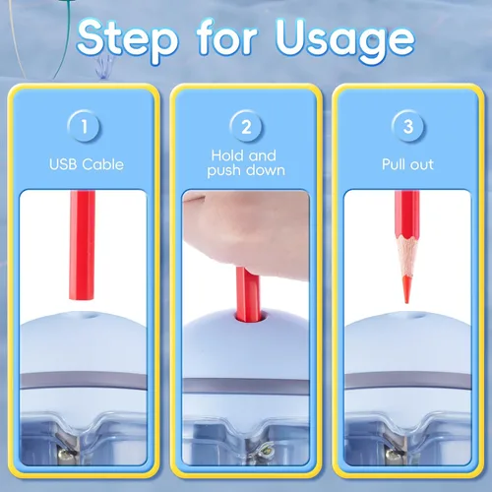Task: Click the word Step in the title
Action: point(127,40)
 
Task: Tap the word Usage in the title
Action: point(344,40)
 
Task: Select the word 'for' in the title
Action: point(226,36)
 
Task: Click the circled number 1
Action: point(85,126)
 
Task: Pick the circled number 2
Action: point(246,126)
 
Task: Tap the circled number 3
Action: point(407,126)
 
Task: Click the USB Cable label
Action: point(87,164)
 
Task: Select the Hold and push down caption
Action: point(245,163)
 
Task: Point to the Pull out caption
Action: point(407,164)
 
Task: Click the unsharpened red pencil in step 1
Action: point(82,245)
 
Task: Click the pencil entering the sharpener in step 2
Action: point(248,293)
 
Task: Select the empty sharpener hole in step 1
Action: point(91,317)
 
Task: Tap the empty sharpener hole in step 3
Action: point(416,317)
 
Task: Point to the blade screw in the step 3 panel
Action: point(391,454)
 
